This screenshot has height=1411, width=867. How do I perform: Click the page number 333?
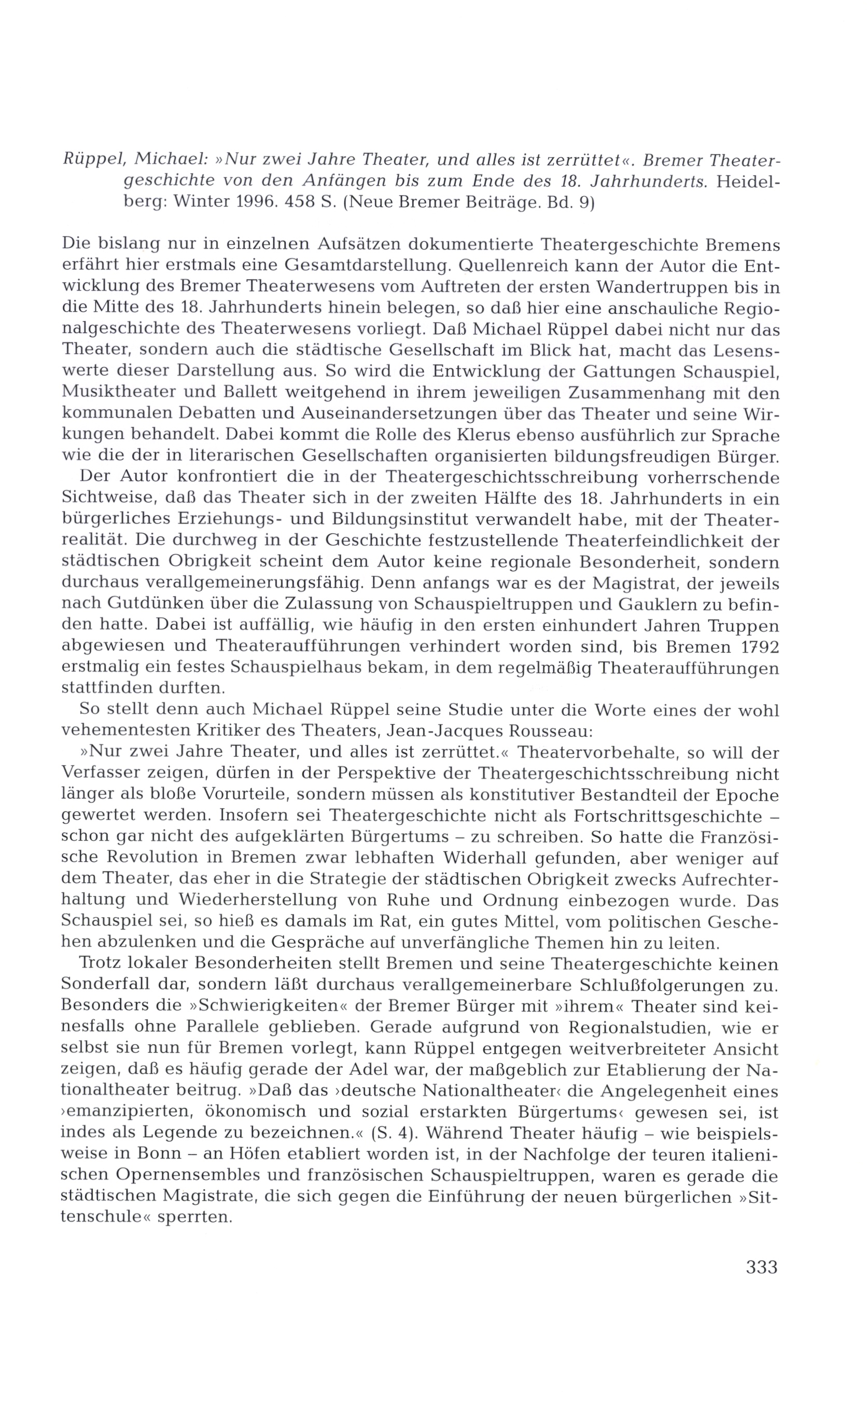762,1266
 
